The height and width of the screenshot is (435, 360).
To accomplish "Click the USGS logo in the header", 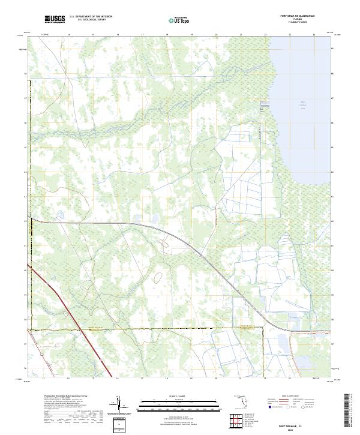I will pos(55,19).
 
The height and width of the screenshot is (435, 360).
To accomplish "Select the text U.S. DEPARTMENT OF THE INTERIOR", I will pos(91,17).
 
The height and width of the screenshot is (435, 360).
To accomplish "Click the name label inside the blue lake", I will pos(303,105).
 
